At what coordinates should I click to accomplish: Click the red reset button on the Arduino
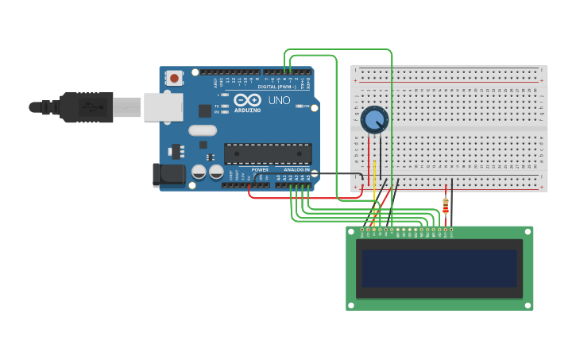174,78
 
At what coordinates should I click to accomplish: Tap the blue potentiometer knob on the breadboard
373,120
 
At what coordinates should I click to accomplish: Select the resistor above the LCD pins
446,207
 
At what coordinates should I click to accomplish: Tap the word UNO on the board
279,101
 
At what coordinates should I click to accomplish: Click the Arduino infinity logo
247,101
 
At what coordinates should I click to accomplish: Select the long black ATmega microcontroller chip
267,153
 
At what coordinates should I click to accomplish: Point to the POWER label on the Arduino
260,170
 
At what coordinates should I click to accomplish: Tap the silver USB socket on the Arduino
163,107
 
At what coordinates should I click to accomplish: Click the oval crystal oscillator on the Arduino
203,130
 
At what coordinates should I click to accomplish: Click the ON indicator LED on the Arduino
300,106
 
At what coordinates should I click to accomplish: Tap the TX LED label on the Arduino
217,106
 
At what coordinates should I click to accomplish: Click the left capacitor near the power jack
199,172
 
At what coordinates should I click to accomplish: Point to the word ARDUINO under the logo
248,110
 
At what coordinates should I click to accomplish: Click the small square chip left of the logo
205,110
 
